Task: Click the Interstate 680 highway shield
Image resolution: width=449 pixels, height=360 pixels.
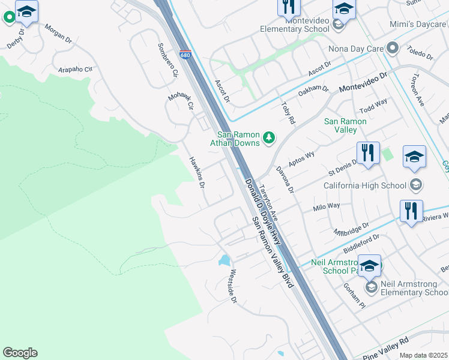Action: click(185, 55)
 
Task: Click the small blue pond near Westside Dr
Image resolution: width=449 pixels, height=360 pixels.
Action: click(224, 260)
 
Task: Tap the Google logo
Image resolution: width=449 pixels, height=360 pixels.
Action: click(20, 353)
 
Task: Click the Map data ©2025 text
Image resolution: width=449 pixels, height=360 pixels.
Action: click(423, 355)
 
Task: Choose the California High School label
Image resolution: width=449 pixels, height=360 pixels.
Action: click(365, 185)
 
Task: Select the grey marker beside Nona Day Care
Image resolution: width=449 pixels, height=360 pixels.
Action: click(393, 47)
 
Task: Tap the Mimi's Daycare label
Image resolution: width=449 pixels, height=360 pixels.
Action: click(421, 27)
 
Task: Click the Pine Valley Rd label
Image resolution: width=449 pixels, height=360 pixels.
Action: click(385, 346)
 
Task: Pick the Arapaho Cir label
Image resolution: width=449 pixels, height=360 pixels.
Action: click(76, 70)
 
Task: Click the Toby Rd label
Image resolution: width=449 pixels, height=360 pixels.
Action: click(288, 112)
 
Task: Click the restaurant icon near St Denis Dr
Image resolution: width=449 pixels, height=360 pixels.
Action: click(367, 152)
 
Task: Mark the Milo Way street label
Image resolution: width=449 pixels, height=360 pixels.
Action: click(327, 207)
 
